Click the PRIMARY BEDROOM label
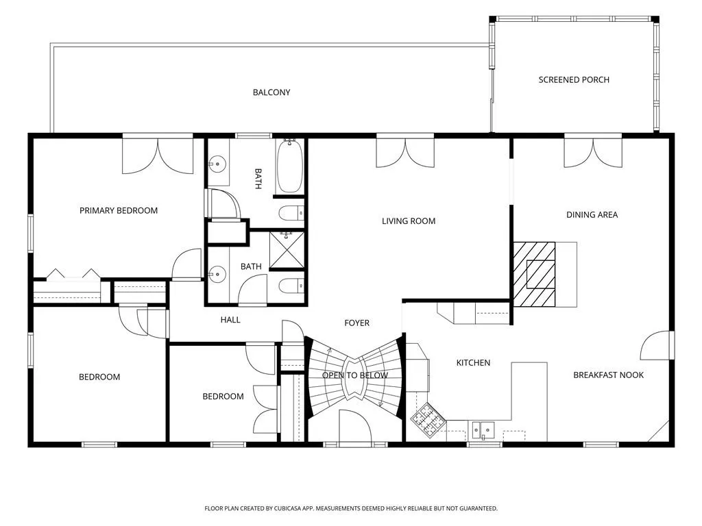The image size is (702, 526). click(x=119, y=211)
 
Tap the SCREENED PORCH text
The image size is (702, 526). click(x=574, y=80)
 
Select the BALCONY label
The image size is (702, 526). click(x=271, y=92)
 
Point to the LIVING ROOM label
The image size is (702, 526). click(x=409, y=221)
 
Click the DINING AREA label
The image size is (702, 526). click(x=592, y=214)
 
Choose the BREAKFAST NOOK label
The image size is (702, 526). click(x=609, y=375)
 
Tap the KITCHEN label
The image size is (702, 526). click(x=473, y=363)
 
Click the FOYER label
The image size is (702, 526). click(x=356, y=323)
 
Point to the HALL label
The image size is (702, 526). click(x=230, y=320)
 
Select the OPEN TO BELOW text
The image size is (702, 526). click(x=355, y=375)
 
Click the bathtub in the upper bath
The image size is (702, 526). click(x=290, y=166)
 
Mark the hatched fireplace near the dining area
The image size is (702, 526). click(x=534, y=274)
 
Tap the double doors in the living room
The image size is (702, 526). click(x=405, y=153)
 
